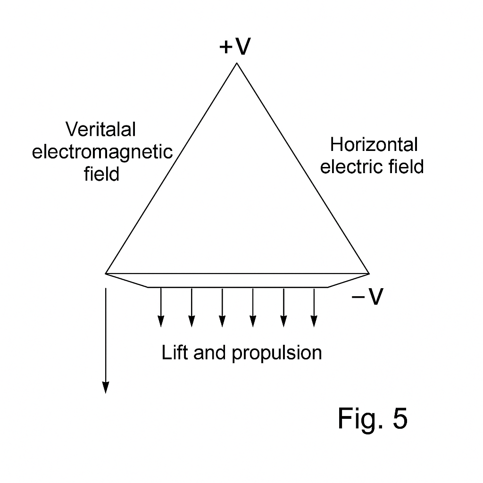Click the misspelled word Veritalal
click(x=100, y=129)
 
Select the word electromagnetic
click(x=102, y=152)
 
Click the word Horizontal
click(x=374, y=145)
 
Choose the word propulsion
click(x=276, y=353)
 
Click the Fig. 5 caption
click(x=372, y=418)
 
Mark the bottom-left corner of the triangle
click(x=106, y=273)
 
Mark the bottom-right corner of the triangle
click(x=368, y=273)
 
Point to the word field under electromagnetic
click(x=101, y=175)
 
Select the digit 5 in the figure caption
click(x=399, y=418)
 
